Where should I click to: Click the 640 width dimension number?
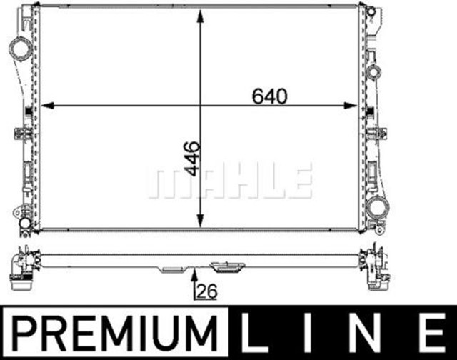point(270,96)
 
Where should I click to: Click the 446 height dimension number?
point(193,159)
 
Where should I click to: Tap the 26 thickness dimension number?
point(207,291)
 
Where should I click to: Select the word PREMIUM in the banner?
point(115,333)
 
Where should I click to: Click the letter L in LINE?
point(254,333)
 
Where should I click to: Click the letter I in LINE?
point(307,333)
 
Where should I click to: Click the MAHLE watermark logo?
point(231,181)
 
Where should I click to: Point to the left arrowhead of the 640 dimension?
point(47,106)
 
